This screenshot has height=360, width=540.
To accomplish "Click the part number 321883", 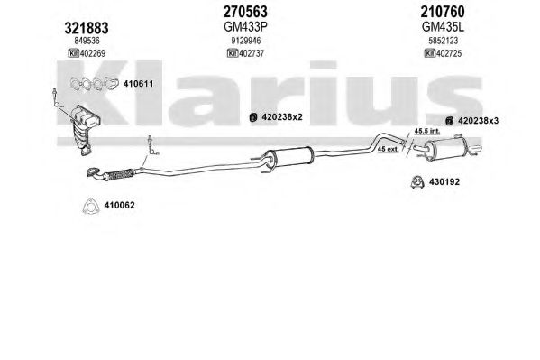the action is (87, 28).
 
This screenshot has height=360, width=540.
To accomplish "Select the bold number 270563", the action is (245, 12).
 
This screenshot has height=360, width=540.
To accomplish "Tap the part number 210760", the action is (443, 12).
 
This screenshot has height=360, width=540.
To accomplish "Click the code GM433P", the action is (245, 26).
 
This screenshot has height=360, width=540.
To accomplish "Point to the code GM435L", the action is (443, 26).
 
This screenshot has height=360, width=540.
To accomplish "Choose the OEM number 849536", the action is (87, 41).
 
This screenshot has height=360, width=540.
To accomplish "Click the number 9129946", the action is (245, 41).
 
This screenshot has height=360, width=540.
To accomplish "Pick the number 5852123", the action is (444, 41).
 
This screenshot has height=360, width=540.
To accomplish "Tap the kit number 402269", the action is (93, 53).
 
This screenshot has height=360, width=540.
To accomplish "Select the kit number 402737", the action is (252, 53).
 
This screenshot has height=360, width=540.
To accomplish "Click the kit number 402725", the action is (449, 53).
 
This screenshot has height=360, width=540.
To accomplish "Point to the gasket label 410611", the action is (138, 84).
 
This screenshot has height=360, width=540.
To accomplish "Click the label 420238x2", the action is (282, 117).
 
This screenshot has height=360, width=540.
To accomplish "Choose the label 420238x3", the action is (478, 121).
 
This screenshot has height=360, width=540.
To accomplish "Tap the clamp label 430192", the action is (444, 181).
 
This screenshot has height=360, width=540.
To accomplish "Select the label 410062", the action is (120, 205).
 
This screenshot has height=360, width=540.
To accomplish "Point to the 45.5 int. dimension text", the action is (427, 131).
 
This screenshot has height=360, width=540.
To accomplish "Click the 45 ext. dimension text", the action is (389, 149).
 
